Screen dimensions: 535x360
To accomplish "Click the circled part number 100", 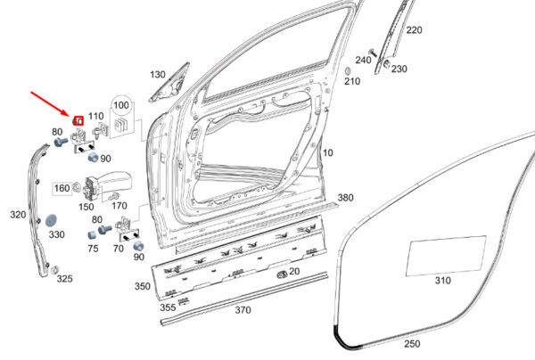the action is [x=120, y=105].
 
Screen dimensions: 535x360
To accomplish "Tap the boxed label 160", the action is [x=62, y=188].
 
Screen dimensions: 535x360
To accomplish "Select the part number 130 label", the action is [x=158, y=74].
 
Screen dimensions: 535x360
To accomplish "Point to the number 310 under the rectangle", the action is [x=443, y=280].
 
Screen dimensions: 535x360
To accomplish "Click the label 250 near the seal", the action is [x=412, y=344].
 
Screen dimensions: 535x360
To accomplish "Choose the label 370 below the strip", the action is [x=243, y=310].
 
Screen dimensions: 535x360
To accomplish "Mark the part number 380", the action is [x=345, y=198].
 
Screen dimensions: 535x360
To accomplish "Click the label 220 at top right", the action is [x=414, y=30].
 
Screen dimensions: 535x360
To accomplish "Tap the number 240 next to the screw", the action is [x=363, y=60].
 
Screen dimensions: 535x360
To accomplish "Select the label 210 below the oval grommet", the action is [x=352, y=81].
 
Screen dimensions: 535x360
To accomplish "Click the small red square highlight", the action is [x=78, y=120].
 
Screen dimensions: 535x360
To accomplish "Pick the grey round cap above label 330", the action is [x=51, y=221].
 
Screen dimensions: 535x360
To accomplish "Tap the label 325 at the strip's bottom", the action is [x=64, y=279].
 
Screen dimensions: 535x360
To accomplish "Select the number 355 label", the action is [x=168, y=307].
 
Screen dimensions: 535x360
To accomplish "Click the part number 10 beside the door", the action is [x=327, y=152].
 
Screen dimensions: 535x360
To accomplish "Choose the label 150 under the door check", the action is [x=86, y=207].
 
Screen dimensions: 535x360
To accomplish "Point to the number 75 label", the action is [x=93, y=249].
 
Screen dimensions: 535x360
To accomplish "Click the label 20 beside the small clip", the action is [x=294, y=272].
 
